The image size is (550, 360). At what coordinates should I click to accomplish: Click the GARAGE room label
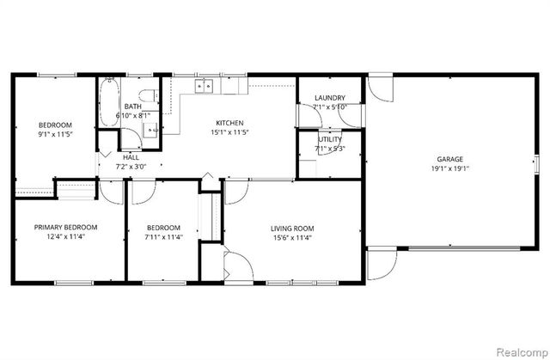coord(451,159)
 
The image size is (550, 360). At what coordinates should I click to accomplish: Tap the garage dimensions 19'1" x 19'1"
coord(451,169)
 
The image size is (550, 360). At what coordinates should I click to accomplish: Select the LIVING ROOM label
coord(291,228)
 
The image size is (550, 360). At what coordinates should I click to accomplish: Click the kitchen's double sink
coord(205,86)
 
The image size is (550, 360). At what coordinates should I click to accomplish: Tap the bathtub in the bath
coord(108,100)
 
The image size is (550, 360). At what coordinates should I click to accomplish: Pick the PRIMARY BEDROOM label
coord(65,228)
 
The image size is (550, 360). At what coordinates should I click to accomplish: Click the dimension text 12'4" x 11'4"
coord(65,238)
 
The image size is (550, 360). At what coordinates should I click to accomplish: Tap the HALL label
coord(131,157)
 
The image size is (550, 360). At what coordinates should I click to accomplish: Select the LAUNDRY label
coord(329,98)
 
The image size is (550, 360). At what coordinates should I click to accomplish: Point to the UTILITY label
coord(329,139)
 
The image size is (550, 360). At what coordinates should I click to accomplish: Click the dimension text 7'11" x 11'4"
coord(162,238)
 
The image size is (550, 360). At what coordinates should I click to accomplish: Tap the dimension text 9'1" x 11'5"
coord(54,134)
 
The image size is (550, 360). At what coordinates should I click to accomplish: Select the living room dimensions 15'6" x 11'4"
coord(291,238)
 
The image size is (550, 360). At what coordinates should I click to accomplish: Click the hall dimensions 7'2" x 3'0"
coord(131,168)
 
